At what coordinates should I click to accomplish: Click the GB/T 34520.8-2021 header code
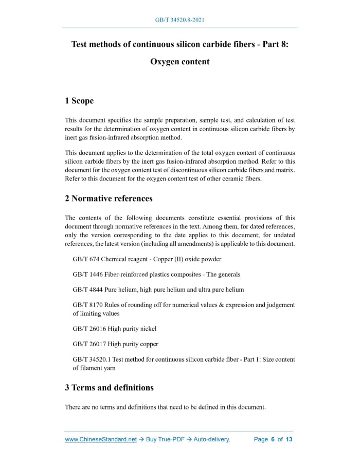click(x=180, y=20)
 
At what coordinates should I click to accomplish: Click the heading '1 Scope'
click(x=79, y=101)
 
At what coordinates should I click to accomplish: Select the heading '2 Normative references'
click(x=109, y=198)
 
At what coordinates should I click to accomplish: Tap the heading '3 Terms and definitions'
click(x=109, y=387)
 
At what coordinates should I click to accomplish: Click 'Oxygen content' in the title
click(x=180, y=62)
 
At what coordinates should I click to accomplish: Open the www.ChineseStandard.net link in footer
click(x=101, y=439)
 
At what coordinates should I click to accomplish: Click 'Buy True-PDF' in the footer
click(x=165, y=439)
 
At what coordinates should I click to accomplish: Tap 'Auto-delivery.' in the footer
click(x=212, y=439)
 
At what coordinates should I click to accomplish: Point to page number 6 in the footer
click(x=273, y=439)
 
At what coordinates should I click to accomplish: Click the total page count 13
click(x=289, y=439)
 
